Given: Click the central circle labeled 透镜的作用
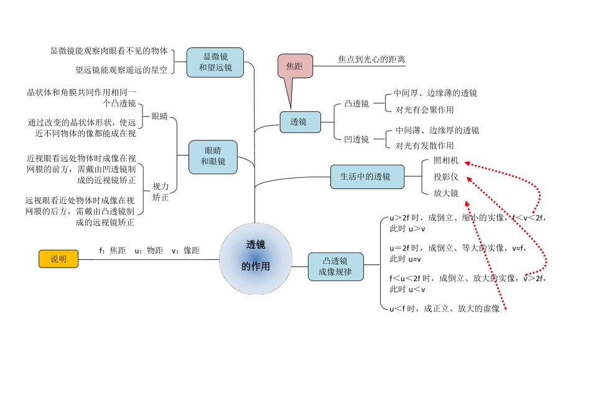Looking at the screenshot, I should tap(256, 258).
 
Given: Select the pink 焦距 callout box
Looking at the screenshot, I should tap(294, 66).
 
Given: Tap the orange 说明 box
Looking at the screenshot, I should tap(58, 259).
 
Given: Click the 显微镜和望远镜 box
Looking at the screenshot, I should tap(215, 62).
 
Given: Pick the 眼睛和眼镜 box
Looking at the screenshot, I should tap(213, 156).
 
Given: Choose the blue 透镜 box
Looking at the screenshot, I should tap(300, 122).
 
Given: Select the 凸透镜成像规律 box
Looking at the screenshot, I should tap(335, 266).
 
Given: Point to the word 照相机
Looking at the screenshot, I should tap(446, 160).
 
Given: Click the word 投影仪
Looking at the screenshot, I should tap(446, 177).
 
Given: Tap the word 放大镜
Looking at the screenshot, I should tap(446, 193).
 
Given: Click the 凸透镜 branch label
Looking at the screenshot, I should tap(356, 104).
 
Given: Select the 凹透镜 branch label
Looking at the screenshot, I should tap(356, 139).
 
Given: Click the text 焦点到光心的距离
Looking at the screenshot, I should tap(371, 60).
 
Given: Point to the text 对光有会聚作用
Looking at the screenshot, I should tap(425, 110).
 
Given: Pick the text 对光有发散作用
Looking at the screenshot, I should tap(425, 146).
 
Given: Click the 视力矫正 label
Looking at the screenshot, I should tap(161, 192).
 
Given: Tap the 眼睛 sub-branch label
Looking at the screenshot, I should tap(160, 116).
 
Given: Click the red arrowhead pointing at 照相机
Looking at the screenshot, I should tap(467, 164).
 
